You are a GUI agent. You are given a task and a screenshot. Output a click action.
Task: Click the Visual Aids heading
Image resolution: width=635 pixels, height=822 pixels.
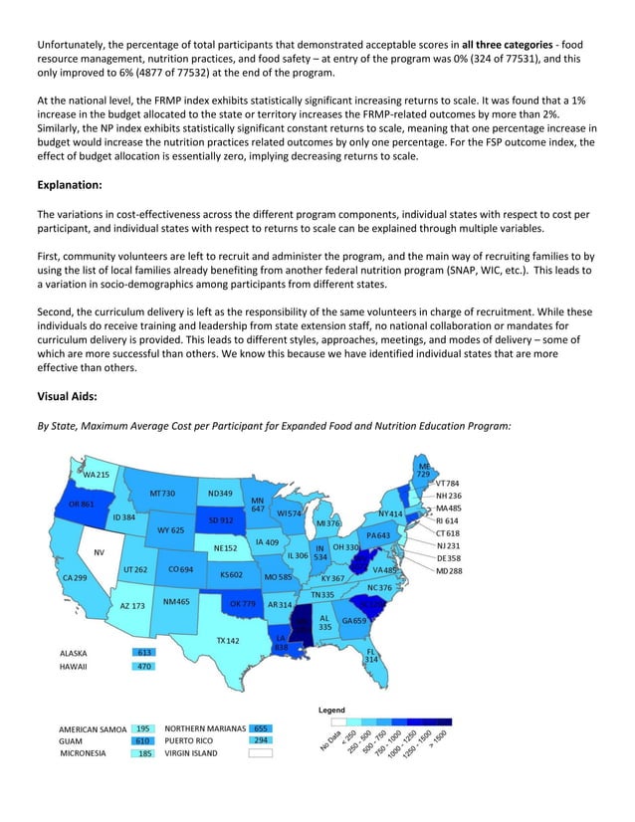[72, 395]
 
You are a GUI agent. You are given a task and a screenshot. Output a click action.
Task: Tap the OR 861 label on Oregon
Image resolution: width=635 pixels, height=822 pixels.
[81, 505]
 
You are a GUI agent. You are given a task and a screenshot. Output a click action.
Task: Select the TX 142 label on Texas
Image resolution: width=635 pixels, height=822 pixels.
[226, 641]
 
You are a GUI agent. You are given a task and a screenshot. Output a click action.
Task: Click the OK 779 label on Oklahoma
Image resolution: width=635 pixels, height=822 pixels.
[243, 604]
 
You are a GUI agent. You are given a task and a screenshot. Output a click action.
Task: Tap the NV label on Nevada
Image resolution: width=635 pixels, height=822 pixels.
[100, 552]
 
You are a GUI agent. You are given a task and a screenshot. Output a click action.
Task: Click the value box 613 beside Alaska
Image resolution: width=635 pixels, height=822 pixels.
[143, 653]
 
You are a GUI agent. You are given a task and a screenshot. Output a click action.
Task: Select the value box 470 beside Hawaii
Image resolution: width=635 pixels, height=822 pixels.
[143, 667]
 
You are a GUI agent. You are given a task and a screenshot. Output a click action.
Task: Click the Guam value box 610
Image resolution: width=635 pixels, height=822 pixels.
[143, 741]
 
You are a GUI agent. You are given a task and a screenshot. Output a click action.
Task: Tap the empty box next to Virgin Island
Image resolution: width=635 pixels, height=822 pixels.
[261, 754]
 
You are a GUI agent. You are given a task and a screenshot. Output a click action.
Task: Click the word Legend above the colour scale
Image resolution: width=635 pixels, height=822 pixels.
[331, 711]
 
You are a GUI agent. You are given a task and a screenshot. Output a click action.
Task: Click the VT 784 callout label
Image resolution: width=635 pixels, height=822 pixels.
[448, 484]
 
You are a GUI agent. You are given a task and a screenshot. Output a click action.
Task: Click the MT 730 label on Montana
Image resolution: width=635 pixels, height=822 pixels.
[162, 494]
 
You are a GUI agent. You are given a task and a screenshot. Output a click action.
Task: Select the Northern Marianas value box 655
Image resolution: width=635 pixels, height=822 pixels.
[263, 728]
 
